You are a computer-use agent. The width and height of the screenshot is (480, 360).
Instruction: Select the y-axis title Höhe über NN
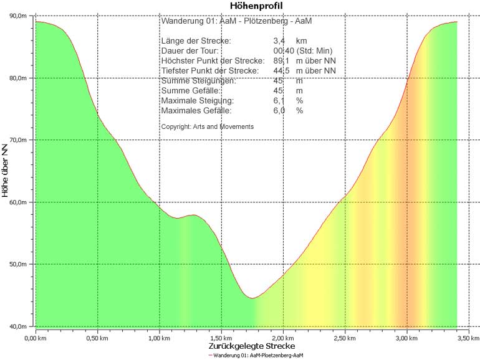click(x=6, y=171)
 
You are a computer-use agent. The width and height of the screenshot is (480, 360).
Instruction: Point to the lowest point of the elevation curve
click(x=252, y=298)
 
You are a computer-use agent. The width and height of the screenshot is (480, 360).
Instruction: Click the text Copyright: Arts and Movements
click(x=207, y=126)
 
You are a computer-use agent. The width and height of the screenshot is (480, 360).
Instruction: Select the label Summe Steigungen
click(x=198, y=81)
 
